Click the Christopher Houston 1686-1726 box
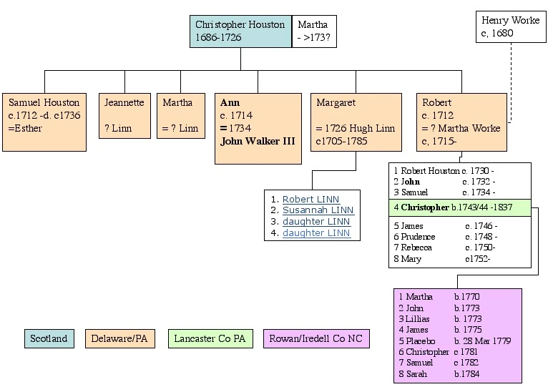pyautogui.click(x=240, y=31)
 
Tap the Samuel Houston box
pyautogui.click(x=45, y=122)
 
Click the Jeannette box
pyautogui.click(x=124, y=115)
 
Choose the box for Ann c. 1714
pyautogui.click(x=258, y=128)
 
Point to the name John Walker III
pyautogui.click(x=258, y=141)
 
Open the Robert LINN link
pyautogui.click(x=310, y=199)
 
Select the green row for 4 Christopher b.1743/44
pyautogui.click(x=460, y=207)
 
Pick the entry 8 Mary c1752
pyautogui.click(x=444, y=258)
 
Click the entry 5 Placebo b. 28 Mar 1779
pyautogui.click(x=455, y=341)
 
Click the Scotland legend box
pyautogui.click(x=48, y=338)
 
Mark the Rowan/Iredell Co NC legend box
pyautogui.click(x=316, y=338)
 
